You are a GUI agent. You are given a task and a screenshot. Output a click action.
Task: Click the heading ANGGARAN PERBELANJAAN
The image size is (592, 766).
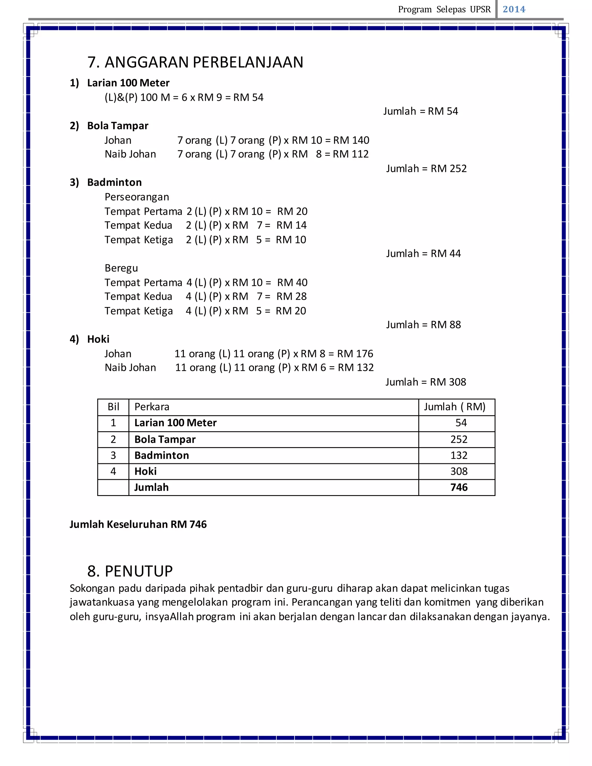[x=204, y=62]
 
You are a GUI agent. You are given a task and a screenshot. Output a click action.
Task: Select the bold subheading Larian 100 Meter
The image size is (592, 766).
[x=128, y=83]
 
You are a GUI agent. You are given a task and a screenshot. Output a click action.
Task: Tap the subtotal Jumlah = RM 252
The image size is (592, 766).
[x=426, y=169]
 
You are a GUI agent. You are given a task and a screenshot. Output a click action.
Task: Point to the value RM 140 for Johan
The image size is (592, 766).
[x=351, y=140]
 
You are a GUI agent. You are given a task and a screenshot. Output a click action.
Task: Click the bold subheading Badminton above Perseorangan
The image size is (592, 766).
[x=114, y=182]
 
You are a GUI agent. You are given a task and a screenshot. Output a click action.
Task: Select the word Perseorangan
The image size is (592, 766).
[x=136, y=197]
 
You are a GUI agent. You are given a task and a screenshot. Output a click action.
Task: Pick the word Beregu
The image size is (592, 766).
[x=121, y=268]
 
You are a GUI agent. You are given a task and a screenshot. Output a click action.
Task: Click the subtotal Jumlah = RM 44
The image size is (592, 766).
[x=423, y=254]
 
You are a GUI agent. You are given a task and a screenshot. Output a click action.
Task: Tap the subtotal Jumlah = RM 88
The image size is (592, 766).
[x=423, y=325]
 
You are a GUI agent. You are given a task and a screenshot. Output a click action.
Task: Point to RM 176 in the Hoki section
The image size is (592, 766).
[x=355, y=354]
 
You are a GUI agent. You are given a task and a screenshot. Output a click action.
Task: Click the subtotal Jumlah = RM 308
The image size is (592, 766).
[x=426, y=382]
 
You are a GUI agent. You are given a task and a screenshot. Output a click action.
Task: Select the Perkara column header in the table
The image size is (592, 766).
[x=152, y=407]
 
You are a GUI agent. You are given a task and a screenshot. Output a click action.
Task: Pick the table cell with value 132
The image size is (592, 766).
[x=459, y=456]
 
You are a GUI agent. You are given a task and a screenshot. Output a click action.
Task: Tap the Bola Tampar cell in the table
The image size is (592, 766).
[x=165, y=439]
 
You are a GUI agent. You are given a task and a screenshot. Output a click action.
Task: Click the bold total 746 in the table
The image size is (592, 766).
[x=459, y=488]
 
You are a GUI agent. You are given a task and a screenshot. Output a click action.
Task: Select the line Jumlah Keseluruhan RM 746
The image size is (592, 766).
[x=138, y=524]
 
